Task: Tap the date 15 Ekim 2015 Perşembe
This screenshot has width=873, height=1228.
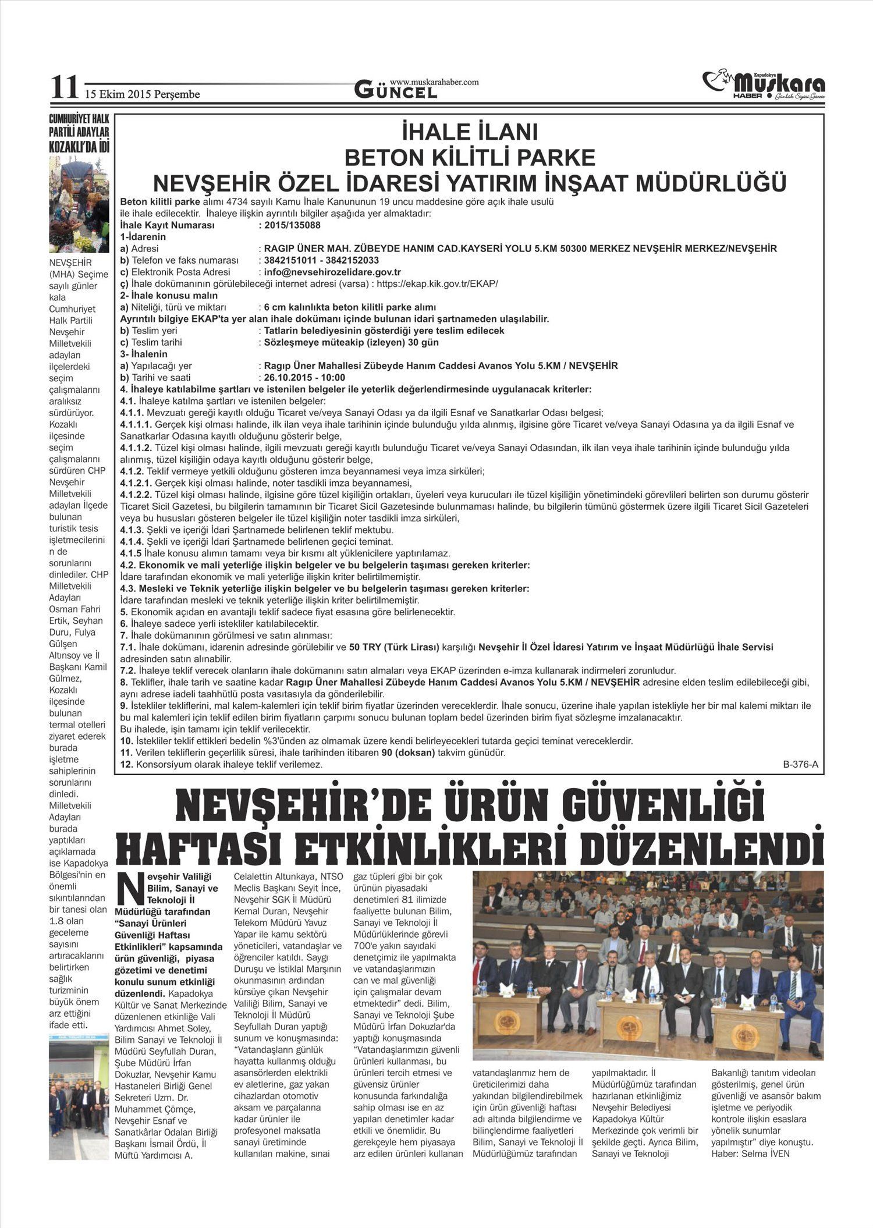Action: coord(142,94)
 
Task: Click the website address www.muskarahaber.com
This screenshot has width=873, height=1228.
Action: coord(434,82)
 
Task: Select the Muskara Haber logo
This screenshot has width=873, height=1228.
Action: coord(764,86)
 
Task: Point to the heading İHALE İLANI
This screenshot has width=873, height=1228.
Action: coord(470,133)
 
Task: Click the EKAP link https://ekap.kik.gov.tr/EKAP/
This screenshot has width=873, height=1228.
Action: coord(437,283)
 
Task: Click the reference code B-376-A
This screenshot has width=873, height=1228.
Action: coord(800,765)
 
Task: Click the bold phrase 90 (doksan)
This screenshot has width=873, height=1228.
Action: coord(408,753)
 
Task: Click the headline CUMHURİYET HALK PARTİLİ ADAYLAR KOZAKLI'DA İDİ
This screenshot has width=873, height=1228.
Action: coord(79,134)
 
